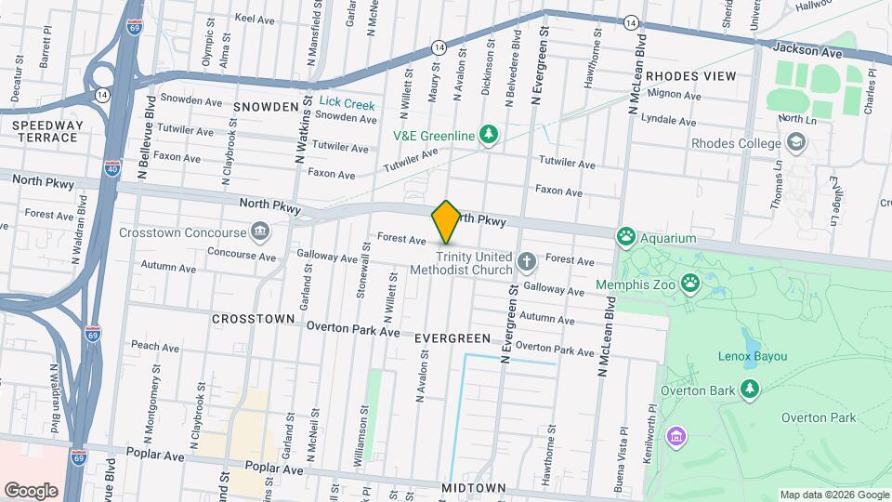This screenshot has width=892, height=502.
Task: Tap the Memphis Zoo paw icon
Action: (x=690, y=281)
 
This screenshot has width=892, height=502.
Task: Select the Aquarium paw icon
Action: (x=626, y=238)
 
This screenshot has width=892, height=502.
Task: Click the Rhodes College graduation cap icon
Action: (x=795, y=143)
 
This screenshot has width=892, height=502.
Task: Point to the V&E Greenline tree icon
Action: (x=488, y=136)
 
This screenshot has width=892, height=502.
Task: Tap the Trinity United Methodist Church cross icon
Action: (x=527, y=262)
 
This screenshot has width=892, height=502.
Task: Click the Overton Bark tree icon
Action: (x=749, y=390)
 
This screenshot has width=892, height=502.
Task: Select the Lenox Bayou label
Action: (x=753, y=356)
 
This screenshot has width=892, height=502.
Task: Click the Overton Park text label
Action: (x=818, y=418)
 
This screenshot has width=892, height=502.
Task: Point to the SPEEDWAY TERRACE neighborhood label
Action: (x=47, y=131)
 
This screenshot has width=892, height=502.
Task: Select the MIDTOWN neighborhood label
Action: (x=474, y=488)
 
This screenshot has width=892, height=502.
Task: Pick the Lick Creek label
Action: (x=347, y=105)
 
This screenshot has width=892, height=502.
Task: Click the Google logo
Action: (x=31, y=490)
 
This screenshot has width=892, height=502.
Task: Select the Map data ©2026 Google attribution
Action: (x=833, y=495)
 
